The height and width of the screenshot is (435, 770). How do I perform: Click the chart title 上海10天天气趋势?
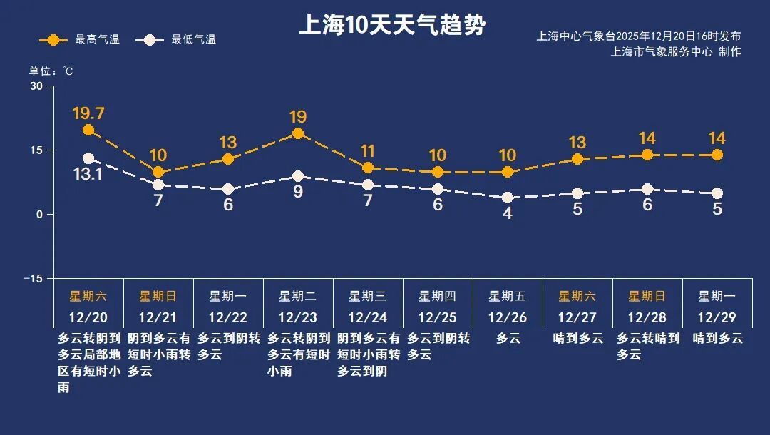click(x=392, y=26)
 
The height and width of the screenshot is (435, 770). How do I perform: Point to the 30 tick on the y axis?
click(x=36, y=86)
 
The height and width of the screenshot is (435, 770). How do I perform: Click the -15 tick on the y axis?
click(x=33, y=278)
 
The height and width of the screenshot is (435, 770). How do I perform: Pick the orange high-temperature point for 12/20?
click(x=88, y=130)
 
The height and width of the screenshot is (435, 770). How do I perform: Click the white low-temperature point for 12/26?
click(x=508, y=198)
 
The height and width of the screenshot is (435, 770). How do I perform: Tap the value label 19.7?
click(x=88, y=113)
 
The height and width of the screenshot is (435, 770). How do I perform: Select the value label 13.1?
click(x=88, y=173)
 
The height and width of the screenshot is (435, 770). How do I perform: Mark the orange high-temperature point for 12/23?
click(x=298, y=133)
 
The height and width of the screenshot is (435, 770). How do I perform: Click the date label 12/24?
click(x=368, y=317)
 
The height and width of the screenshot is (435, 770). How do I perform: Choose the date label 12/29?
click(x=717, y=317)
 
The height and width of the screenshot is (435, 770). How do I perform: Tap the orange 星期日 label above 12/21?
click(x=158, y=296)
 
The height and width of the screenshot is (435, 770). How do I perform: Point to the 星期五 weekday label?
click(x=508, y=296)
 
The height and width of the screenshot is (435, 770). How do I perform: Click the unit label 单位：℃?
click(x=51, y=71)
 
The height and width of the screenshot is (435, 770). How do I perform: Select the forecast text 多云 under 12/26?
click(x=508, y=338)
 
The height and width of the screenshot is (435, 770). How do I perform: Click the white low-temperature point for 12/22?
click(x=228, y=189)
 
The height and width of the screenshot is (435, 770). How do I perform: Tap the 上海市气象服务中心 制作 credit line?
click(x=676, y=51)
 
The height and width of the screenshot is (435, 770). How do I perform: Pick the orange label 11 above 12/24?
click(x=368, y=151)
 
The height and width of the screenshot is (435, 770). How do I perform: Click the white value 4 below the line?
click(x=508, y=213)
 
